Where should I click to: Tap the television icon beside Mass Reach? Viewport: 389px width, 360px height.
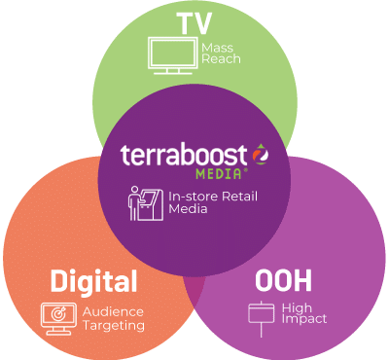169,54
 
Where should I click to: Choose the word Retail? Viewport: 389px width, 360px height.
239,197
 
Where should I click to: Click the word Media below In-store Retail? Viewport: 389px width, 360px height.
187,211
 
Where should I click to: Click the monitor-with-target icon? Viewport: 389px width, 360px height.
57,318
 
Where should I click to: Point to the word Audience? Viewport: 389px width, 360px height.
114,312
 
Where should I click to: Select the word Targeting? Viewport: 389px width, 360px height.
115,326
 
